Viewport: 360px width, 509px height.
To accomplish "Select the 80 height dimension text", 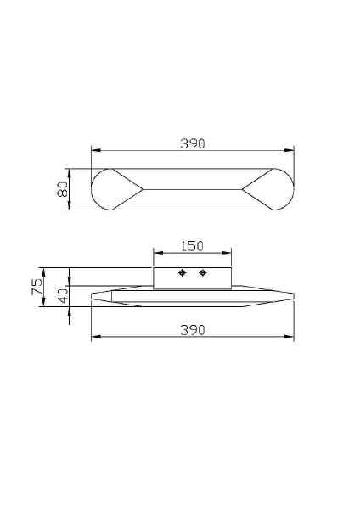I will [62, 189].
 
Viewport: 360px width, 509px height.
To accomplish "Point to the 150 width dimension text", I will [193, 246].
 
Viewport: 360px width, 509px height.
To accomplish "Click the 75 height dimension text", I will [37, 288].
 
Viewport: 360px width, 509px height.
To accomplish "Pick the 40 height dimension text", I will [62, 297].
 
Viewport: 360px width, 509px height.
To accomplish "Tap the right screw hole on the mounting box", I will [203, 272].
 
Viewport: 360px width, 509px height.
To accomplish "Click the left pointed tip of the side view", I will [92, 296].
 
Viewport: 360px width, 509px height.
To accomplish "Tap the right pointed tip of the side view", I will [294, 296].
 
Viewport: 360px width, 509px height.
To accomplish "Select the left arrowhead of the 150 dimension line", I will [155, 253].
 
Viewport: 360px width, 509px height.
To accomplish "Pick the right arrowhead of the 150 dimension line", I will [229, 253].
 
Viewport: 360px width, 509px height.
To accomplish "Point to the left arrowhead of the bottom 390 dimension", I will [94, 337].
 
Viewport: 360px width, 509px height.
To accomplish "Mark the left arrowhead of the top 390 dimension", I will [94, 151].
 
